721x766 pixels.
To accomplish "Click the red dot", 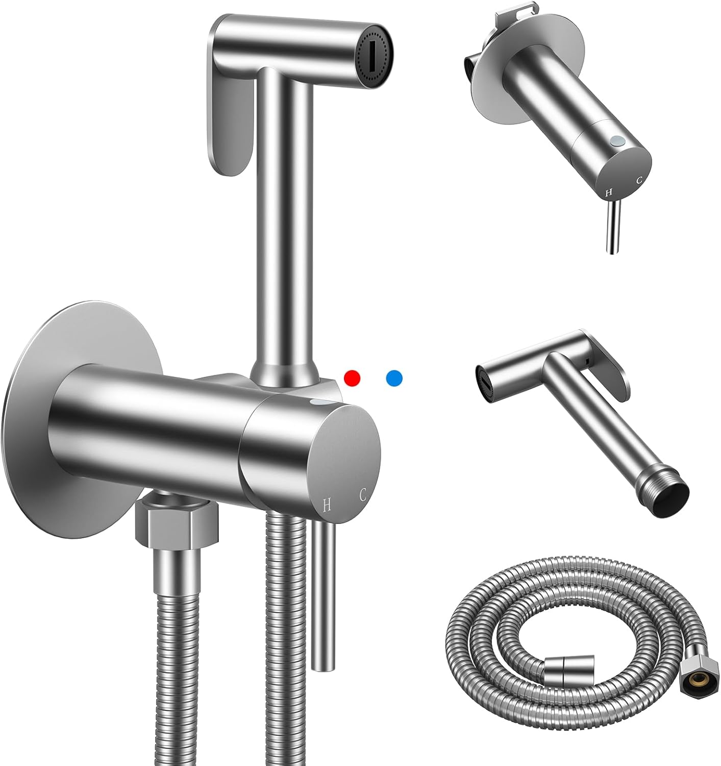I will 352,378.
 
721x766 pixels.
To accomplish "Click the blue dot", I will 394,378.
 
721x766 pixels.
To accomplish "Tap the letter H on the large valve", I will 327,505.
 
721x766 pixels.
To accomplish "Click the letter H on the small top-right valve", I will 607,193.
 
